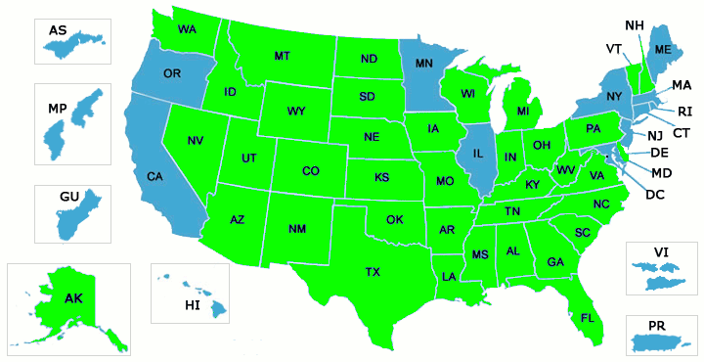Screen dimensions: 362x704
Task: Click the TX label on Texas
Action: tap(373, 271)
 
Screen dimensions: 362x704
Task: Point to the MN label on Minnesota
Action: tap(424, 64)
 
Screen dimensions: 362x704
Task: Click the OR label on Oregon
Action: tap(172, 73)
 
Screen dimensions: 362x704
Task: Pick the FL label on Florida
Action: tap(588, 318)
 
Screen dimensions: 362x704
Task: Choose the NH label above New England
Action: tap(635, 24)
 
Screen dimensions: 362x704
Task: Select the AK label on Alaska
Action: tap(73, 298)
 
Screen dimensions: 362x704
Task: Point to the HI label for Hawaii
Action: tap(193, 306)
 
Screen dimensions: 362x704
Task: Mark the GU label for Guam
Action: tap(68, 197)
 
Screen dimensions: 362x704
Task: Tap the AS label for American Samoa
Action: tap(58, 30)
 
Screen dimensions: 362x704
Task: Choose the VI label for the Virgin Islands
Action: tap(661, 252)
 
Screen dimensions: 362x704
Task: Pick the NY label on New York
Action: tap(614, 96)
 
